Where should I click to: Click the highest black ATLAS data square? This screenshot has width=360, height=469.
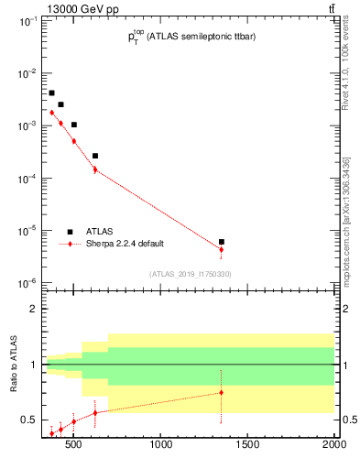pyautogui.click(x=52, y=93)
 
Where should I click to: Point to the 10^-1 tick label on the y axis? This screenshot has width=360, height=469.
pyautogui.click(x=26, y=21)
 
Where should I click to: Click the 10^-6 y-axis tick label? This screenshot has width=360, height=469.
pyautogui.click(x=26, y=284)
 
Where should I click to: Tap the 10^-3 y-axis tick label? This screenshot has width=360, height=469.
pyautogui.click(x=26, y=126)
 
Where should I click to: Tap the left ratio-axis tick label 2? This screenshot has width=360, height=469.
pyautogui.click(x=32, y=309)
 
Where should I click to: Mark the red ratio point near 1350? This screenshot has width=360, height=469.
pyautogui.click(x=222, y=393)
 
